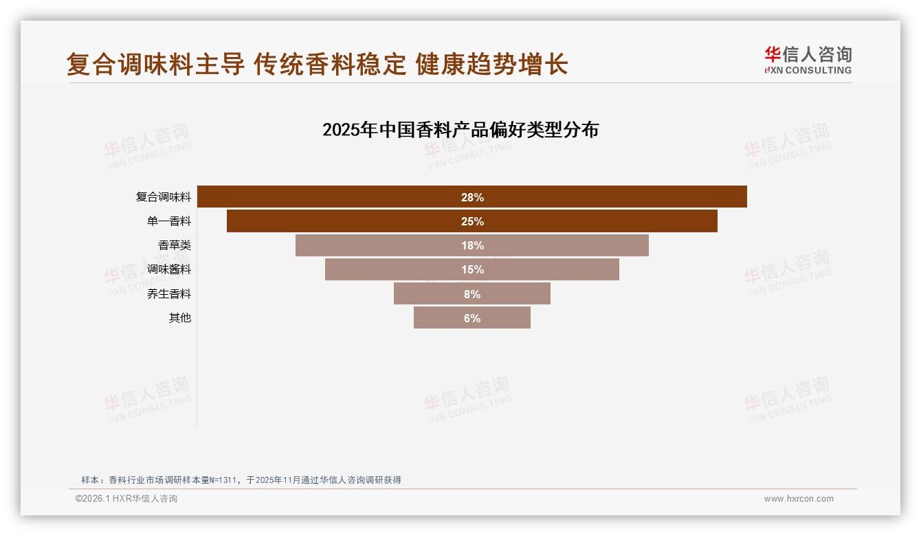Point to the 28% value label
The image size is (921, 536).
click(472, 197)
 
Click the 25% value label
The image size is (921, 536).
click(472, 221)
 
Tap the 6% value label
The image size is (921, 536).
click(472, 318)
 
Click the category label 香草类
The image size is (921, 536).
click(175, 245)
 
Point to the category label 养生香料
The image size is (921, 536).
click(169, 294)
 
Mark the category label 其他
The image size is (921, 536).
click(180, 318)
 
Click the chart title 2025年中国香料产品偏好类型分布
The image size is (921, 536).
click(460, 129)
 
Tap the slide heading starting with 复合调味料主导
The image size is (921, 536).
click(317, 65)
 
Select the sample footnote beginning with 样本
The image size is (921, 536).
click(241, 480)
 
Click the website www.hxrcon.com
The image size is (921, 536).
click(799, 499)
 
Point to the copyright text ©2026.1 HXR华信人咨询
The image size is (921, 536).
click(126, 499)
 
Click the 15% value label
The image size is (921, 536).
click(472, 269)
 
